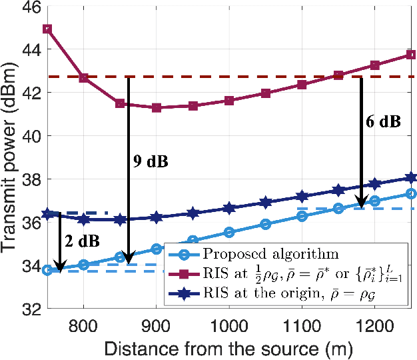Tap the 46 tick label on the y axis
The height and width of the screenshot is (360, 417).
31,7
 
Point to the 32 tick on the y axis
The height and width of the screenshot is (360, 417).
31,309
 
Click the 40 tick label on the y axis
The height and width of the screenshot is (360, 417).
31,137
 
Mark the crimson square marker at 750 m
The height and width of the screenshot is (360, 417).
47,29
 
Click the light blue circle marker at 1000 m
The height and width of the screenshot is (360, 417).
229,232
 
